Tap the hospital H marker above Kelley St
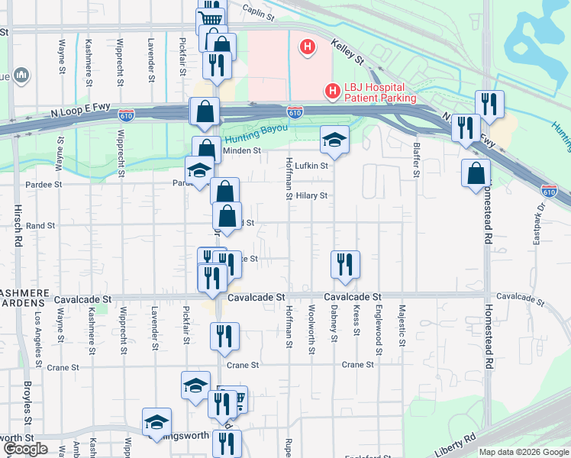[307, 48]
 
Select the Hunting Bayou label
[255, 128]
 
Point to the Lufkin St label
[311, 165]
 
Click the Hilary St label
[311, 195]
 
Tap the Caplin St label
[258, 11]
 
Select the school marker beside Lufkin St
[334, 140]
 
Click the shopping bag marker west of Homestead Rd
[476, 173]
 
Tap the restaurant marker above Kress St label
[345, 264]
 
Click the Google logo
[26, 449]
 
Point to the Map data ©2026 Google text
[524, 452]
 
